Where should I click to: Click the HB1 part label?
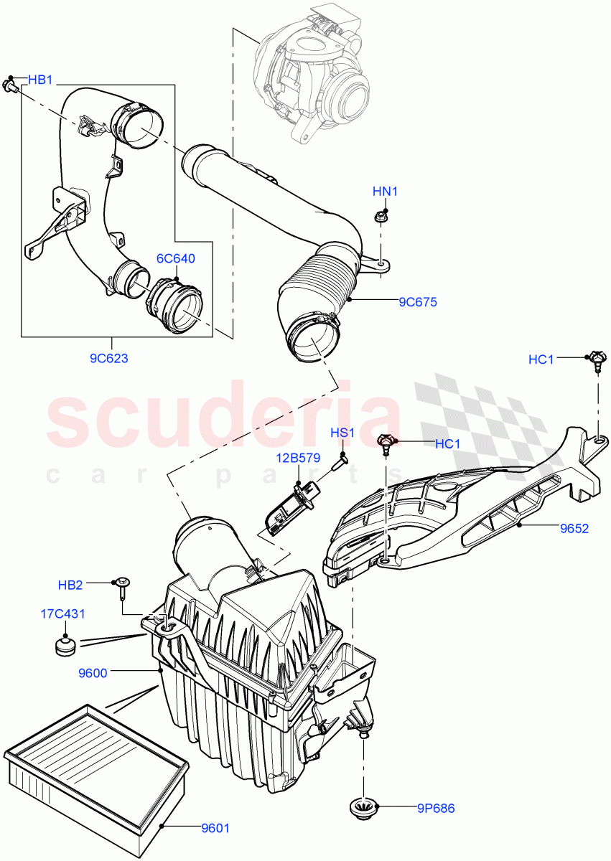pyautogui.click(x=41, y=80)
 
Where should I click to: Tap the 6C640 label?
pyautogui.click(x=177, y=258)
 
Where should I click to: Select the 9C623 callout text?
pyautogui.click(x=110, y=358)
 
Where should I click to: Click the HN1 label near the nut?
pyautogui.click(x=385, y=192)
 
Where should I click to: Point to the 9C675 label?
pyautogui.click(x=417, y=302)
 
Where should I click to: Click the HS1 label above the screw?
pyautogui.click(x=342, y=433)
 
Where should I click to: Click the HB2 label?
pyautogui.click(x=70, y=585)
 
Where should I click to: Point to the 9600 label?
pyautogui.click(x=93, y=672)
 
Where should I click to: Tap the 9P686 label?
pyautogui.click(x=436, y=808)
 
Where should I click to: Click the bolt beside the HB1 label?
pyautogui.click(x=11, y=87)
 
